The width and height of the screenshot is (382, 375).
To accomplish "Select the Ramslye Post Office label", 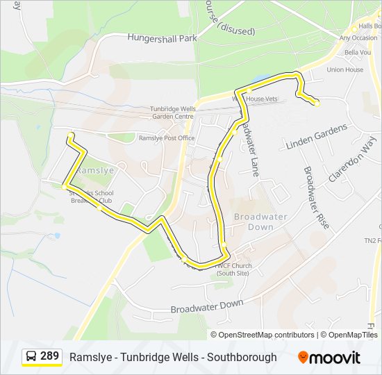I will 167,138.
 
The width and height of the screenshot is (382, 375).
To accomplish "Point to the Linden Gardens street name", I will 317,137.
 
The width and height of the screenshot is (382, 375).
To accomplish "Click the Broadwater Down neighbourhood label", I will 260,222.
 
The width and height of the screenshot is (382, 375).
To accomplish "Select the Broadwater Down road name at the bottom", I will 207,305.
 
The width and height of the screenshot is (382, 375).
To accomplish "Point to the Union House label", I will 345,69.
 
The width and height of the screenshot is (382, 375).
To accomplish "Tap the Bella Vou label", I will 358,53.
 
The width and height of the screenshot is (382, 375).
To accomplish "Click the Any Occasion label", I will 358,37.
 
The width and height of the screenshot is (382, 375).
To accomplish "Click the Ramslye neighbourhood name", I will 94,169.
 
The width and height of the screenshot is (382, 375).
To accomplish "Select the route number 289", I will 49,357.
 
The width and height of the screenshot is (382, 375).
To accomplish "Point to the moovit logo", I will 329,357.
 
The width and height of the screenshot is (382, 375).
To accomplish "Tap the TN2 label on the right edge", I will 373,240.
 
